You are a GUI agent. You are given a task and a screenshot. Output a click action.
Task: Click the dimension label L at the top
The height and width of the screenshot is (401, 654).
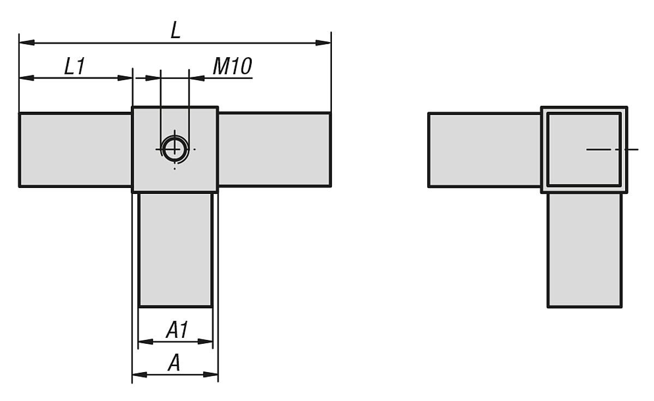coord(175,30)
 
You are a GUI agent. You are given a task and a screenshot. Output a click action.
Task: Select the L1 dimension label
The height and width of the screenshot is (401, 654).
coord(75,66)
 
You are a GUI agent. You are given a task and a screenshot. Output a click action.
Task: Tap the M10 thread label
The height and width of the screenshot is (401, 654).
coord(232,66)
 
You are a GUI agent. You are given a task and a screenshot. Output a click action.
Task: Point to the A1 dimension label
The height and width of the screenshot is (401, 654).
coord(176,330)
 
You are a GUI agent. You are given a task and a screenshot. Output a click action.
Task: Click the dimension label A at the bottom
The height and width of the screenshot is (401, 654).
coord(174,363)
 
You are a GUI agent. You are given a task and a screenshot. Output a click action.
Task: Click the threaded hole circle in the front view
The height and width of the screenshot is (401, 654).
coord(174,148)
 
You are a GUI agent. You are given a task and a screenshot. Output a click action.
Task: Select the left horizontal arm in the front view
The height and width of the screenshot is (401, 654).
coord(75,150)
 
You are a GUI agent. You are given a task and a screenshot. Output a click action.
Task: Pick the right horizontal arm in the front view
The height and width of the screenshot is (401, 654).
coord(274,150)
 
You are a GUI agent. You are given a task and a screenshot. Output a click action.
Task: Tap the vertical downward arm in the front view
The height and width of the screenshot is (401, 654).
coord(175,250)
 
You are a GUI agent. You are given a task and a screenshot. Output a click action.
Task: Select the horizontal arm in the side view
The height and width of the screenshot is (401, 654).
coord(484,150)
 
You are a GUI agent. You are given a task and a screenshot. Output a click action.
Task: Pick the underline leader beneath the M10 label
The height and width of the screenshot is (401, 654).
coord(229,78)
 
